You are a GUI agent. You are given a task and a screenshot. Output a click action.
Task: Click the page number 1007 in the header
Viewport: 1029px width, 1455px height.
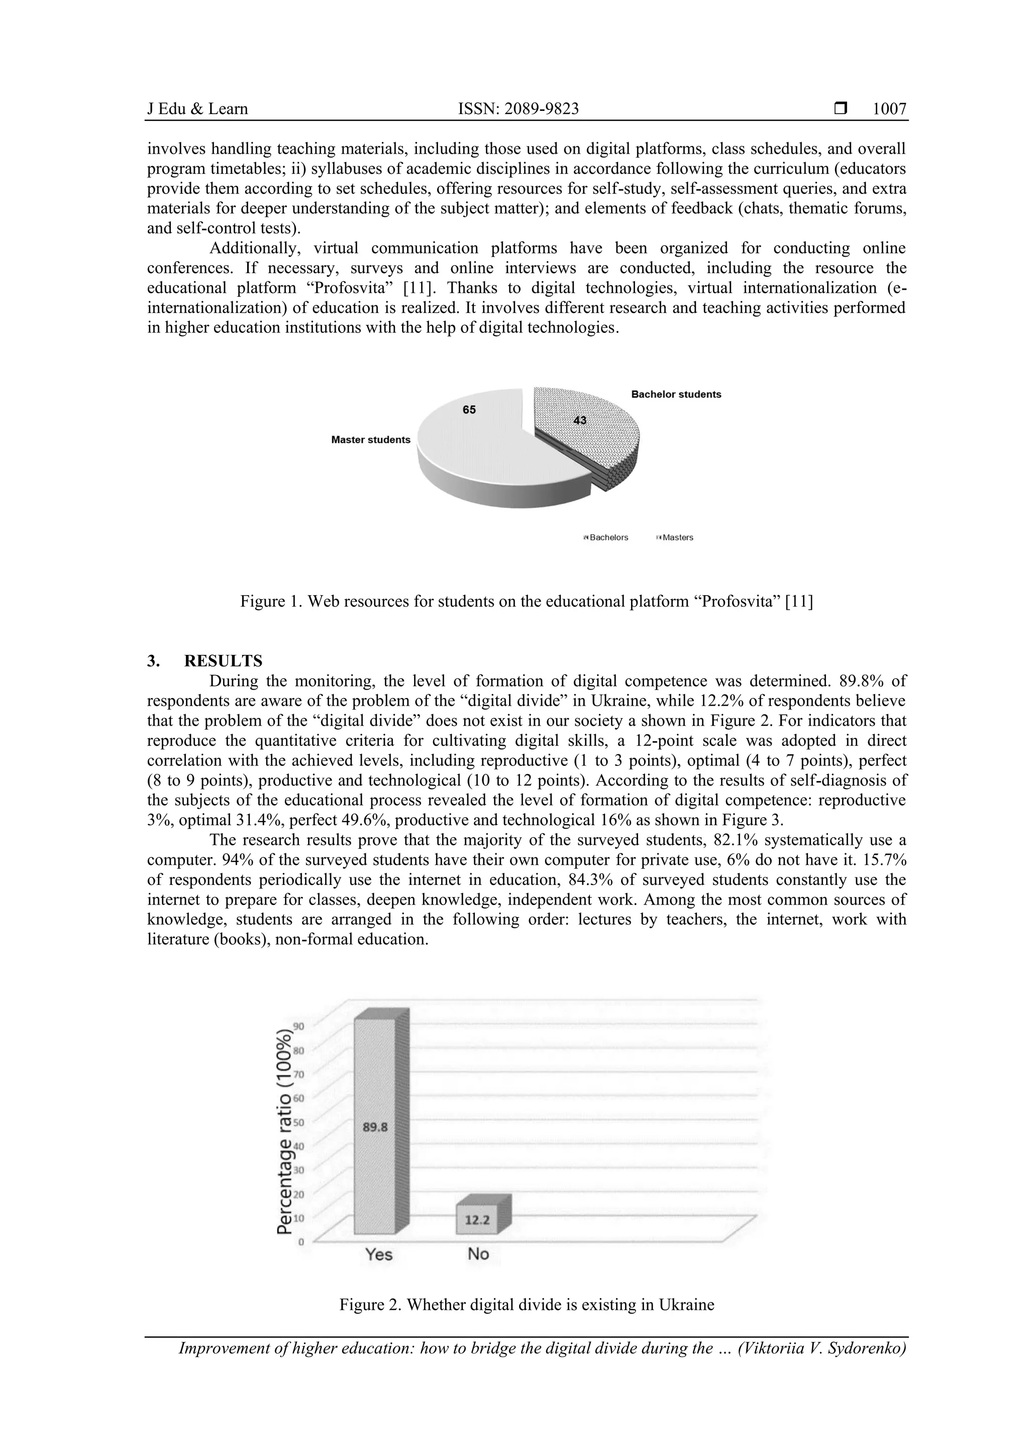[889, 109]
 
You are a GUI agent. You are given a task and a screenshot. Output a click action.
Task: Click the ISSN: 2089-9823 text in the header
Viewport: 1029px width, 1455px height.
[518, 109]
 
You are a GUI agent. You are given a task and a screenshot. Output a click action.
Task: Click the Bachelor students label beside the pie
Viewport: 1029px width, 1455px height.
[676, 394]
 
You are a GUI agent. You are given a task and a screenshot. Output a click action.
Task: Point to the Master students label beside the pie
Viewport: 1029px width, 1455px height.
[371, 440]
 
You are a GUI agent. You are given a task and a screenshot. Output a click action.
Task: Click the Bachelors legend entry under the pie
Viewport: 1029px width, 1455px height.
[607, 537]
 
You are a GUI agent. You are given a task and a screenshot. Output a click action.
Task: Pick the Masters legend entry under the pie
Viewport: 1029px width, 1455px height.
[676, 537]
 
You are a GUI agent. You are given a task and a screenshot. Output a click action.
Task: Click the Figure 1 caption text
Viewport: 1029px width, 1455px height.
[526, 601]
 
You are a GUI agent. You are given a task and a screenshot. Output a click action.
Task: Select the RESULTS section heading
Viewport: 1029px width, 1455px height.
[223, 661]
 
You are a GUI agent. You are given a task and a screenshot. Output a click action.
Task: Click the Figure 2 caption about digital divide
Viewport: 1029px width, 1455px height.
[526, 1305]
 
